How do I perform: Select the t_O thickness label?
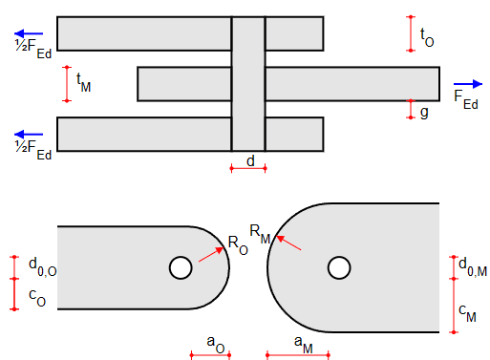pyautogui.click(x=427, y=37)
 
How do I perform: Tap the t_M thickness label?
pyautogui.click(x=83, y=84)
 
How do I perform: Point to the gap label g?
pyautogui.click(x=424, y=112)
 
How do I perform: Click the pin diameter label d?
pyautogui.click(x=250, y=161)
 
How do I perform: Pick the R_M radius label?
pyautogui.click(x=260, y=230)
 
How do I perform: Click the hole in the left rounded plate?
pyautogui.click(x=179, y=268)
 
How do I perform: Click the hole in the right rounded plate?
pyautogui.click(x=338, y=268)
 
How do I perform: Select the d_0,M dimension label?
pyautogui.click(x=473, y=265)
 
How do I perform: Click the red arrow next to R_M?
pyautogui.click(x=289, y=243)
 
